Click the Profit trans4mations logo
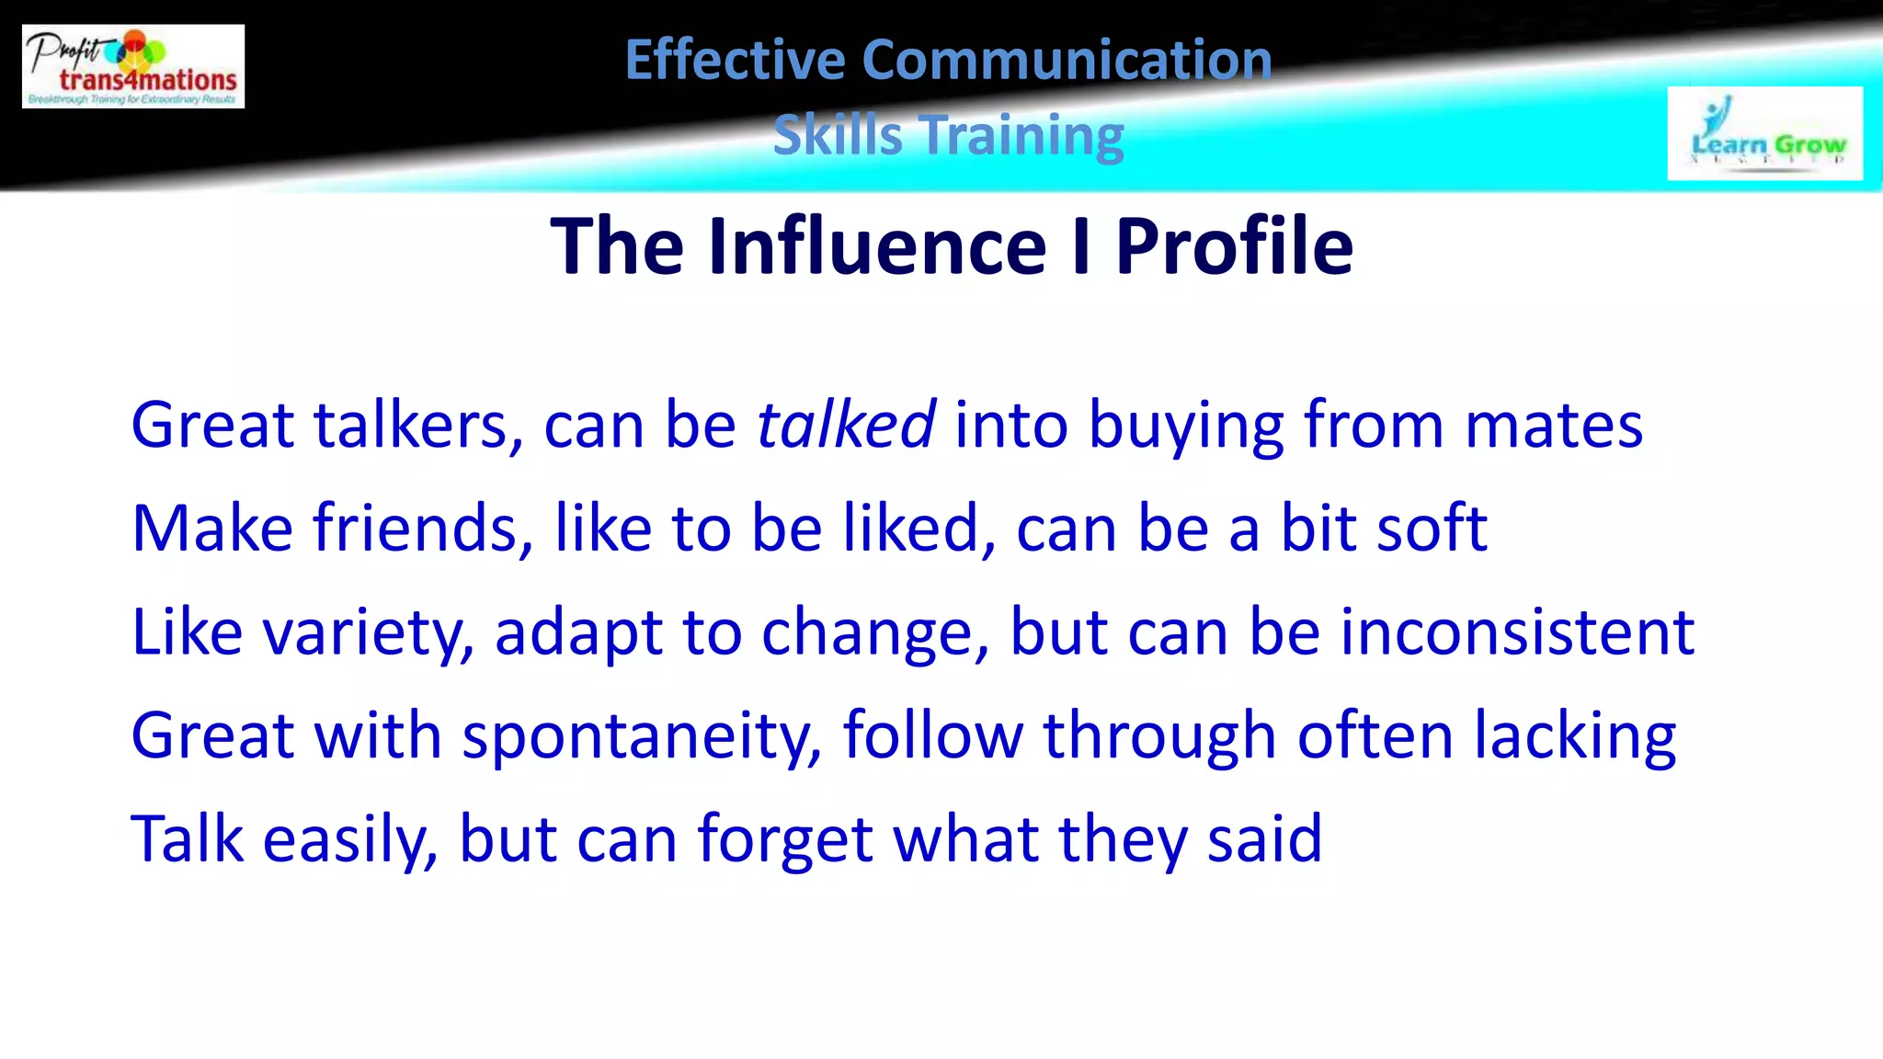click(133, 66)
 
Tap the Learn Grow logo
click(1764, 134)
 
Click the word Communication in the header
click(1067, 61)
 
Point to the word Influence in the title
click(877, 246)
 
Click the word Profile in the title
click(1234, 246)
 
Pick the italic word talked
click(846, 426)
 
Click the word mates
click(1553, 426)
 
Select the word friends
click(422, 529)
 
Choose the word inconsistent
click(1517, 633)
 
